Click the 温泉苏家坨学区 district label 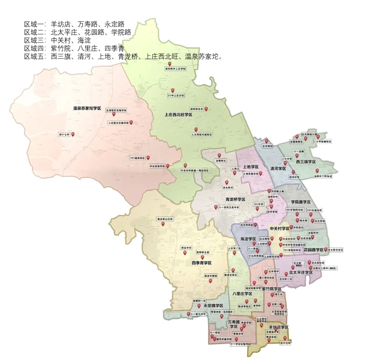point(87,108)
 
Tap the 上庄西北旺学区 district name point(178,115)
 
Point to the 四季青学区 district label point(202,263)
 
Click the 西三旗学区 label point(306,161)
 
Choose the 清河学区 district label point(278,169)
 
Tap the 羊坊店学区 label point(278,327)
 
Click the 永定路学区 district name point(213,306)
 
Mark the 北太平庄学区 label point(301,272)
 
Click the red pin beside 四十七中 point(73,134)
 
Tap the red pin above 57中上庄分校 point(173,90)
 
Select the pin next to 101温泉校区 point(148,157)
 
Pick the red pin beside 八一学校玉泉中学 point(215,207)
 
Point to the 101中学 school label point(258,204)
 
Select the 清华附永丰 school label point(196,109)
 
